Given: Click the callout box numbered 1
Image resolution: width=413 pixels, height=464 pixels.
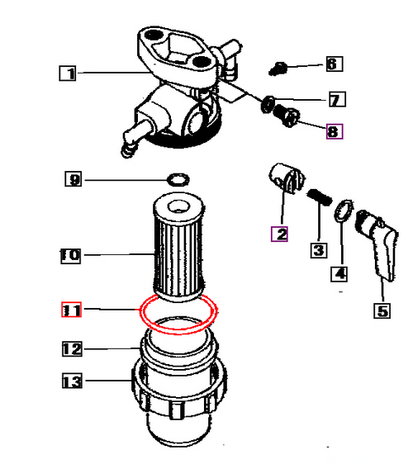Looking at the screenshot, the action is (x=68, y=73).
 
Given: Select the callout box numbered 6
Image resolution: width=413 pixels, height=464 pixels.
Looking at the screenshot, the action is (x=335, y=64).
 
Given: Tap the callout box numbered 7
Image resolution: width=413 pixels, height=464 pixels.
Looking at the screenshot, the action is (x=337, y=99).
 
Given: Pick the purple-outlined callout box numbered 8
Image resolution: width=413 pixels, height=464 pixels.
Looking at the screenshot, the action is (x=335, y=131).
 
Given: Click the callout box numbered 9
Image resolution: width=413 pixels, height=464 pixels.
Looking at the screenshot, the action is (x=74, y=179).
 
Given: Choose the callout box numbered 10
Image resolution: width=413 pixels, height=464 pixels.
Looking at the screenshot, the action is (x=70, y=256).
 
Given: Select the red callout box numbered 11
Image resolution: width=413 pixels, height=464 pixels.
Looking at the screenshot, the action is (x=71, y=310).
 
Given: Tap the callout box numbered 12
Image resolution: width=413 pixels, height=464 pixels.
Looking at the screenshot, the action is (x=72, y=349).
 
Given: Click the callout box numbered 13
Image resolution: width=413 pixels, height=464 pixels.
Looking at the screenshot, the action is (x=72, y=381).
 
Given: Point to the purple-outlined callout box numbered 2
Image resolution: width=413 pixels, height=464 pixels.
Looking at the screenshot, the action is (x=279, y=234).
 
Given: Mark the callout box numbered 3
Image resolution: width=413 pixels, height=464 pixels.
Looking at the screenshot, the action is (x=319, y=250).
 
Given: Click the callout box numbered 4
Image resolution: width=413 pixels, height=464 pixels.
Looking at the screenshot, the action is (x=339, y=274).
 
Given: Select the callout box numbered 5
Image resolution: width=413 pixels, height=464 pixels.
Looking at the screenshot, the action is (x=382, y=310).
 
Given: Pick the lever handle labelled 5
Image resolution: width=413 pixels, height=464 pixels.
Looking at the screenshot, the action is (x=377, y=244).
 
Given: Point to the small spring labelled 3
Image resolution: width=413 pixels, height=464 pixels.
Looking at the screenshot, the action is (x=319, y=197).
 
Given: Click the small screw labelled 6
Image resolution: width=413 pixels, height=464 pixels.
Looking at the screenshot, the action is (x=278, y=69).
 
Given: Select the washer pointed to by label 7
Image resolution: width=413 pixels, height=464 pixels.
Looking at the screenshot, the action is (x=268, y=104).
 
